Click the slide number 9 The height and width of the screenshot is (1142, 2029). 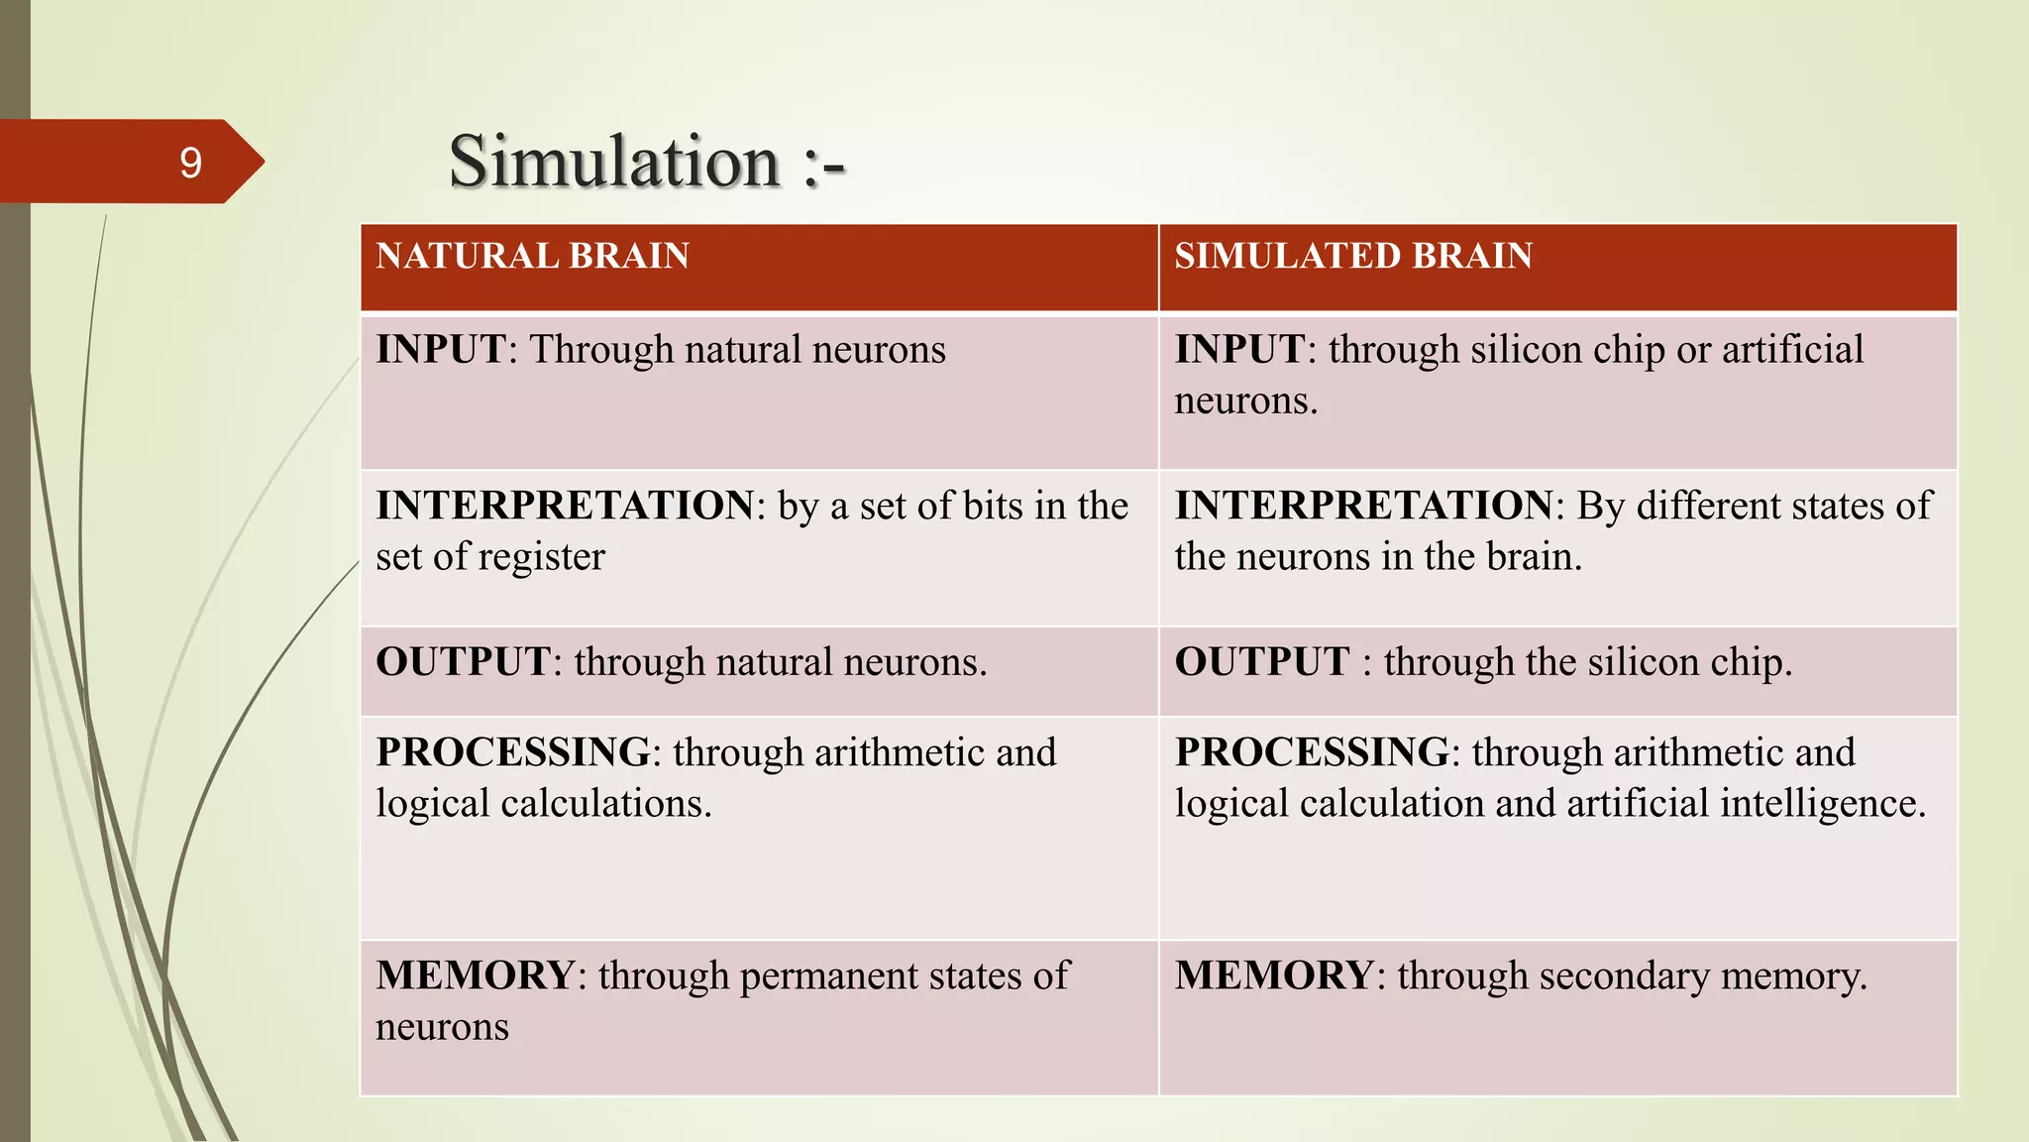(190, 163)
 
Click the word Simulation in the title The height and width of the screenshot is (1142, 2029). (614, 163)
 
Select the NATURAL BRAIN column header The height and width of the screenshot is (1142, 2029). (532, 256)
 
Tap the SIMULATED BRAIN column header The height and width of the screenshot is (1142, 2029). (1353, 256)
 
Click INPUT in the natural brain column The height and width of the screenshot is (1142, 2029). (441, 350)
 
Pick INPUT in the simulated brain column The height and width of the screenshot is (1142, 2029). (1239, 350)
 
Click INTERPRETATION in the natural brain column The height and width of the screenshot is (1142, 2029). (565, 506)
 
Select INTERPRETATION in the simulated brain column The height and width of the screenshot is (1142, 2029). (1363, 506)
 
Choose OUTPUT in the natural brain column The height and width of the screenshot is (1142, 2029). (463, 662)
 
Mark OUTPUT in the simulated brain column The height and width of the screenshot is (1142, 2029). (1261, 662)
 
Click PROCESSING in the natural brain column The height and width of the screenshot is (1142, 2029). (513, 752)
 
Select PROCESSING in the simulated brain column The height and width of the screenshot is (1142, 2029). (1312, 752)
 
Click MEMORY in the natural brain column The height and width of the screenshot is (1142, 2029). (475, 976)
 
